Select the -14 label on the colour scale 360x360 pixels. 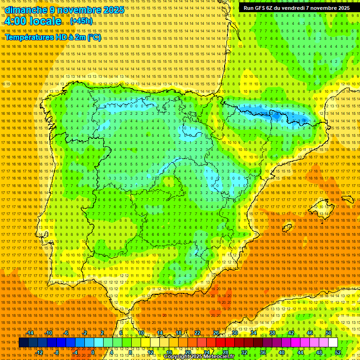[30, 333]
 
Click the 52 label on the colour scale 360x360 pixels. [337, 352]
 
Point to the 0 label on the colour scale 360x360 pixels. [93, 352]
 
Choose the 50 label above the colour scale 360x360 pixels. [329, 333]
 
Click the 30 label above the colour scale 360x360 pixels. [235, 333]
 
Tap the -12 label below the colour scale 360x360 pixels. [40, 352]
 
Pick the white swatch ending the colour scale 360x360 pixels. [333, 343]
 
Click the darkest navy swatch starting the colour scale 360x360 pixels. [23, 343]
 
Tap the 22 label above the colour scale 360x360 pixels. [197, 333]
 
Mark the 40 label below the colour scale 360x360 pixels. [281, 352]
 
